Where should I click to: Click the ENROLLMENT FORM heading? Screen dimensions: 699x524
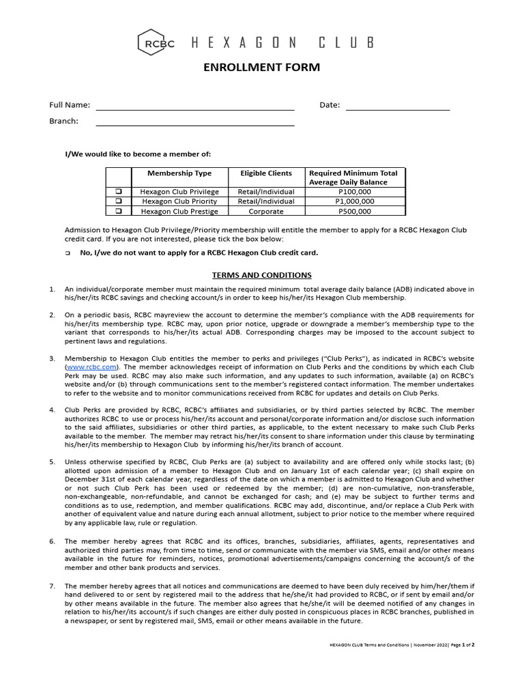[262, 68]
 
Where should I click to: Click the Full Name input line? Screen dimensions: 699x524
[194, 108]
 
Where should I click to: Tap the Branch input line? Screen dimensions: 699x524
[194, 124]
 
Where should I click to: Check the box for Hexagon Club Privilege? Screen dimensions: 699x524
[118, 192]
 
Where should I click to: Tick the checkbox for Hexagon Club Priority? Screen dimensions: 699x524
[118, 201]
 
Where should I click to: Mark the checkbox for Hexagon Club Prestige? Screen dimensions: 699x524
[118, 211]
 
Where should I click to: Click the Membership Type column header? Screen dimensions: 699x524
[179, 173]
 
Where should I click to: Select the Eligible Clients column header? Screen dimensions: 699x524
[265, 173]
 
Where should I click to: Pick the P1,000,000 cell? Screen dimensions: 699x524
[355, 201]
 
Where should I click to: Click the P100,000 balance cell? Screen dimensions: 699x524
[355, 192]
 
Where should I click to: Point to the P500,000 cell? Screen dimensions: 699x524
[355, 211]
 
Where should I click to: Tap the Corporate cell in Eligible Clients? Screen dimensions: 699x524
[265, 211]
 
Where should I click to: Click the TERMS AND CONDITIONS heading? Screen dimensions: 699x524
[262, 275]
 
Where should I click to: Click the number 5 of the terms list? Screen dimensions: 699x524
[52, 461]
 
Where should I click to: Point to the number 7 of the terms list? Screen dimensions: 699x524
[52, 586]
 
